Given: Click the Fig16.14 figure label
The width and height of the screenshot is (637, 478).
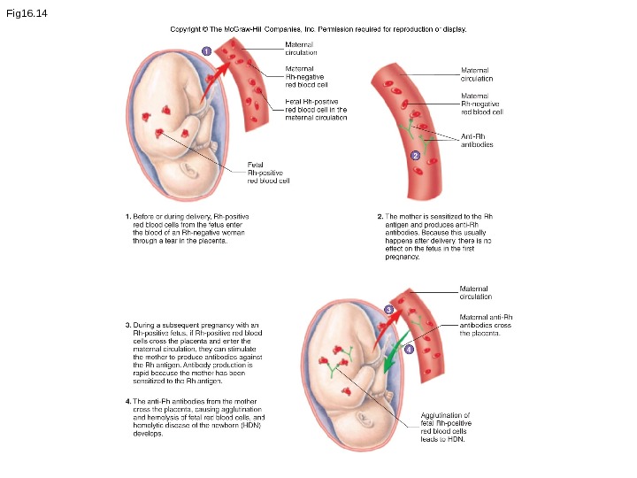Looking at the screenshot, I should point(27,14).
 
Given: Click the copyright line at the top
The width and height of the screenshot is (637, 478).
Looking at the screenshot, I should point(318,29).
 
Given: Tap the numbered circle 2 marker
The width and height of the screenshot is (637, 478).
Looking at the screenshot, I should point(415,156).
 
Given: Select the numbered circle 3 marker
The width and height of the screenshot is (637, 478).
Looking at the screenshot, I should point(388,309).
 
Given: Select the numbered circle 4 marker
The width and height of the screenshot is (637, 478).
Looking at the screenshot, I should point(409,349).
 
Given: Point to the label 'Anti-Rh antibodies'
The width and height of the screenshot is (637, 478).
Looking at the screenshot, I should point(477,140).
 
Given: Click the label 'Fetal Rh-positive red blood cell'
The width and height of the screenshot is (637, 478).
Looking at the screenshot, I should point(269,172).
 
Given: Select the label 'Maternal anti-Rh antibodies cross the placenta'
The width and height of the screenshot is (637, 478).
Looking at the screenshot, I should point(486,325).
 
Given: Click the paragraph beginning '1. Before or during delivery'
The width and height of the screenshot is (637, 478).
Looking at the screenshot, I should point(187,227).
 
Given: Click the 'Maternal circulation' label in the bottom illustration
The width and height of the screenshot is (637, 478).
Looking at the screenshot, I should point(476,292).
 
